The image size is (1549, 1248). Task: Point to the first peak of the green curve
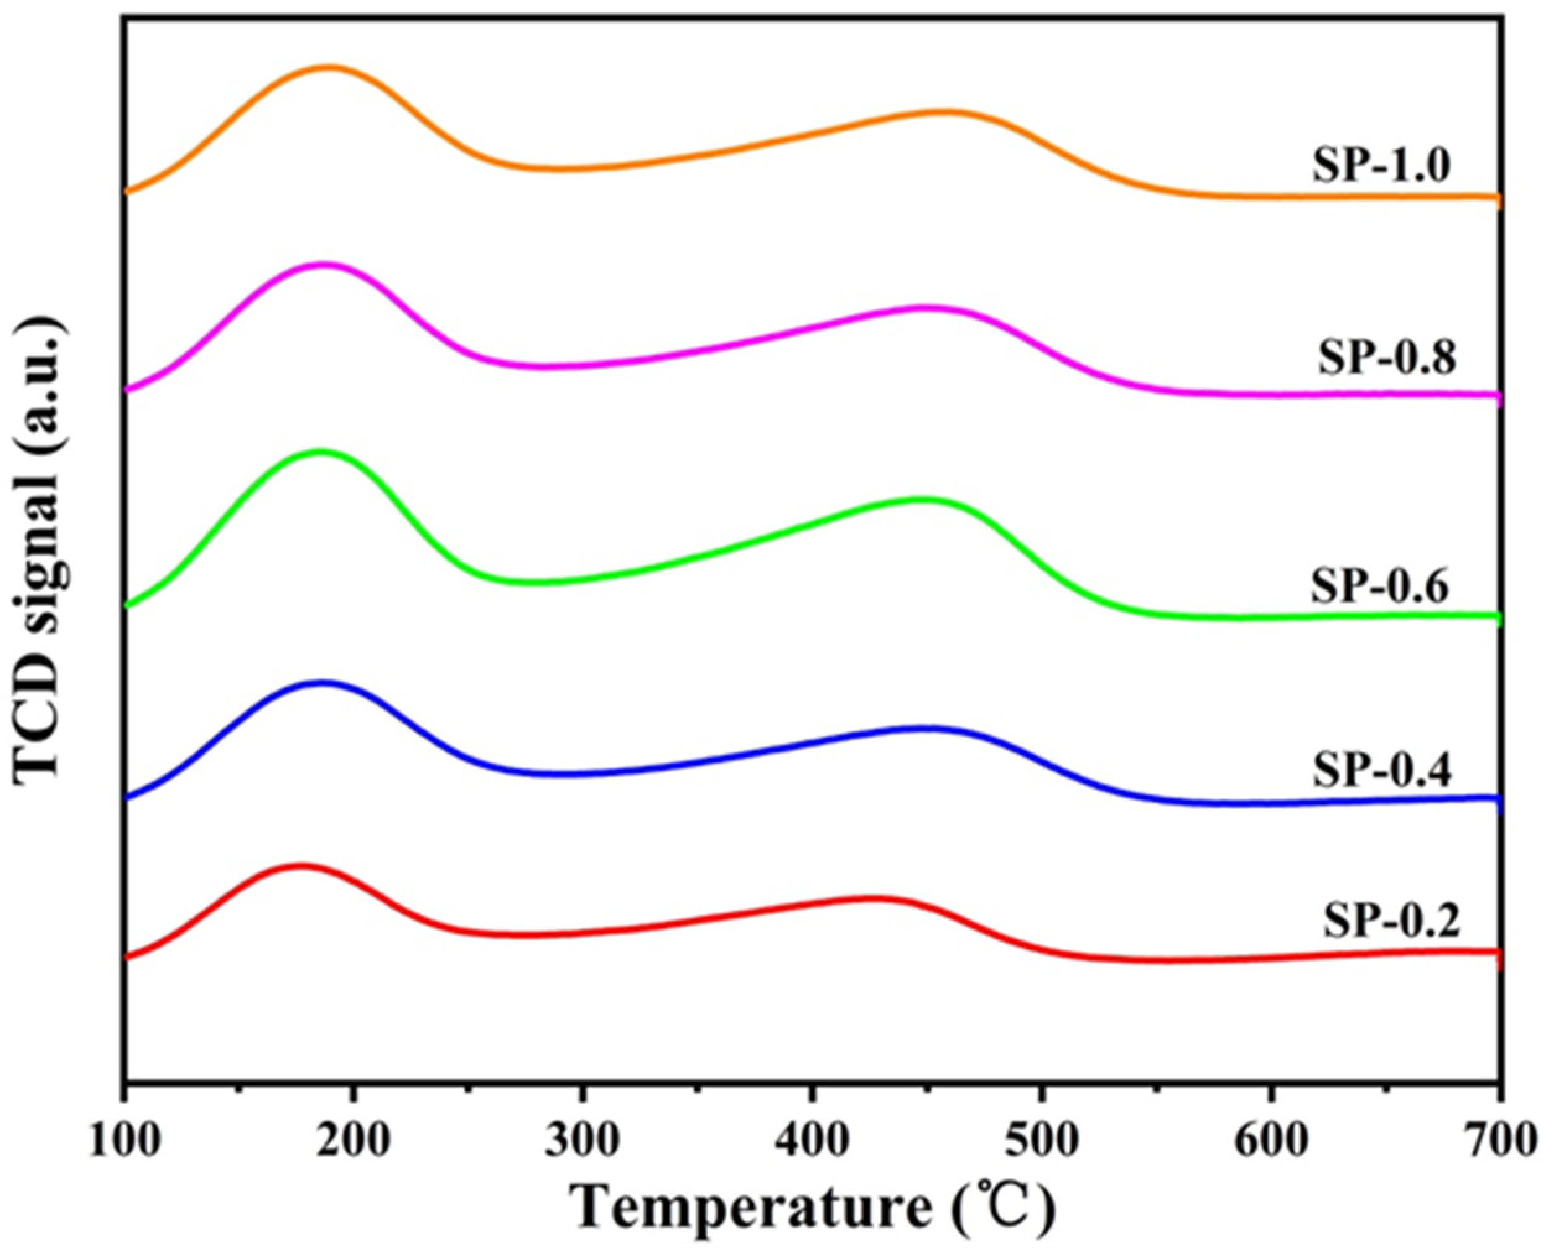click(320, 452)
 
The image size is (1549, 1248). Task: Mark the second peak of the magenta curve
click(924, 308)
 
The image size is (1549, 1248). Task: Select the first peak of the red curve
click(301, 865)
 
